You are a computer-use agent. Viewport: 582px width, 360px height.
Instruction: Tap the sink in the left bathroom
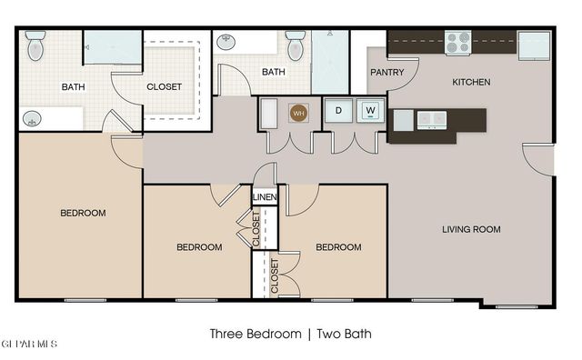(32, 118)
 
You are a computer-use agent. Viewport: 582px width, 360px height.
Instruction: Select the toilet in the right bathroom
(296, 45)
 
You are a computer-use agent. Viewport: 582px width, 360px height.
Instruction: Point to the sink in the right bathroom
(227, 41)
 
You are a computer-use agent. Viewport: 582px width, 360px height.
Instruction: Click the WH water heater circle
(298, 112)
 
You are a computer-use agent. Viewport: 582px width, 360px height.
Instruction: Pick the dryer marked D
(338, 111)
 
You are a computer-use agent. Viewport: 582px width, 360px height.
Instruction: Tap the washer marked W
(370, 111)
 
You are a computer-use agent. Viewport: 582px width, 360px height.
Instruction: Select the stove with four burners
(457, 42)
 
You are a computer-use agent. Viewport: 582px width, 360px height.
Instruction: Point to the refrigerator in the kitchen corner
(534, 45)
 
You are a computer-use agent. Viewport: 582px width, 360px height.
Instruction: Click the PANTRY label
(386, 72)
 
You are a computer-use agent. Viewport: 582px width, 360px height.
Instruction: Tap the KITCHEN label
(471, 82)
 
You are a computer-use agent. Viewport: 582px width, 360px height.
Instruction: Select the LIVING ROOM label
(471, 230)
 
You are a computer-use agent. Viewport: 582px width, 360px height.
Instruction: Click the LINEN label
(265, 197)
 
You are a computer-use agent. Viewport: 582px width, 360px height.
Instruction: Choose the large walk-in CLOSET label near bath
(165, 87)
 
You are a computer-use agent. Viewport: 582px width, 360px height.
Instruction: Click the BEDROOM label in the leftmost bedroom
(83, 213)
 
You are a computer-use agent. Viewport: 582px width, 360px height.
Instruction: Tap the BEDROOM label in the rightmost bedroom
(338, 246)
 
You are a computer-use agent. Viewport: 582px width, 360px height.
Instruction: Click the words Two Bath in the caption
(345, 334)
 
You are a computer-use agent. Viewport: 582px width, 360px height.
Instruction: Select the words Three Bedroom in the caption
(255, 334)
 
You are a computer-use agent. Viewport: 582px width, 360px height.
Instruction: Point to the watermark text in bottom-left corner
(29, 345)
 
